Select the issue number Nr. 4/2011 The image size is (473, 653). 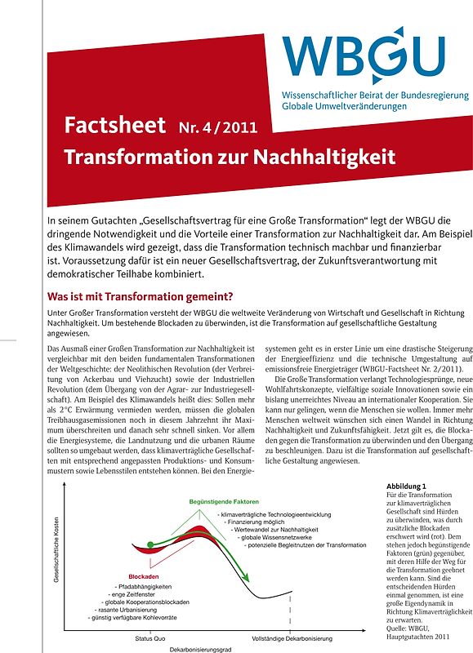point(217,127)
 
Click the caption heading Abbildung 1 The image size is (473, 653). point(406,487)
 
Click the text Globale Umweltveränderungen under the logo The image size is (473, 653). point(351,107)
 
